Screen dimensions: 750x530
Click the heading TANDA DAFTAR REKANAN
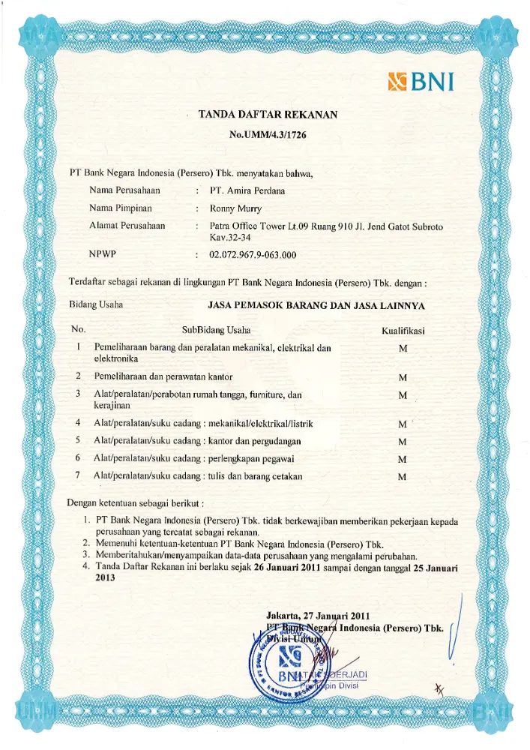(268, 115)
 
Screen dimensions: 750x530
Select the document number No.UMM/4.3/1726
(268, 135)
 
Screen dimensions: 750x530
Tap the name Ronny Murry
(235, 208)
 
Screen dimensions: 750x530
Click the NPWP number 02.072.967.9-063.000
(253, 255)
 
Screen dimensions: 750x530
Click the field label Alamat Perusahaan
(127, 226)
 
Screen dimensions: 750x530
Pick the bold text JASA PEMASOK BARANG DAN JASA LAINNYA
(316, 306)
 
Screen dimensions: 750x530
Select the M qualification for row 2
(403, 376)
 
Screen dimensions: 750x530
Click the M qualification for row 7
(403, 477)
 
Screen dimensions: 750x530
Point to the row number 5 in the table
(78, 440)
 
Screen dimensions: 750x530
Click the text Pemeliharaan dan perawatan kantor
(163, 376)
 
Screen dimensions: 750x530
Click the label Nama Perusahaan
(125, 190)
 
